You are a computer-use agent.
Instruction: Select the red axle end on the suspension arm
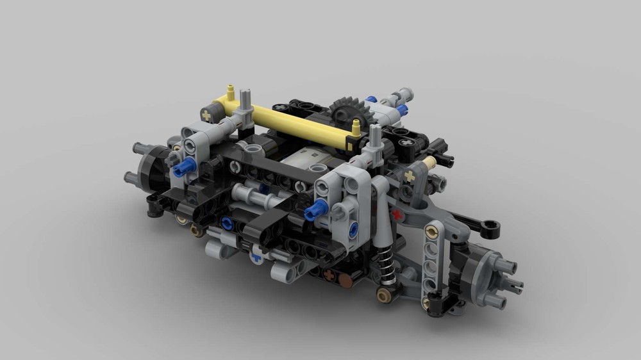tap(399, 213)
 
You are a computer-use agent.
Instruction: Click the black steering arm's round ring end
tap(491, 225)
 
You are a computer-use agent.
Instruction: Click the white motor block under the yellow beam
tap(305, 158)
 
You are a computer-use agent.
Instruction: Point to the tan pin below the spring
tap(385, 295)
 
